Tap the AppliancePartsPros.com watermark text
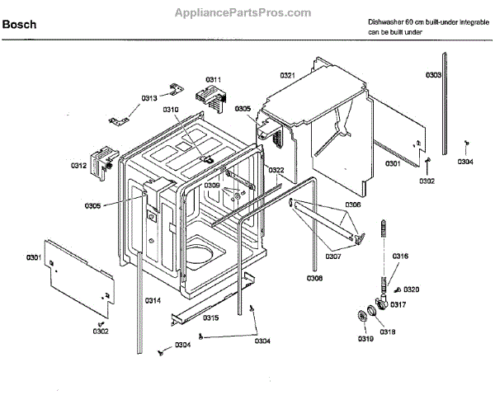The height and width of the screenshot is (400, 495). (243, 13)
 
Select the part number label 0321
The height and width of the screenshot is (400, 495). (287, 75)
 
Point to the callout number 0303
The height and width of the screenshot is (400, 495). (433, 75)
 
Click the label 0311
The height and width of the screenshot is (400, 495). (214, 79)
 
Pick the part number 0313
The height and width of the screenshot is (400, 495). (149, 98)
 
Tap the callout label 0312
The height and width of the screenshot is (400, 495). (78, 166)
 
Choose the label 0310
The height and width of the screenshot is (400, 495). (171, 110)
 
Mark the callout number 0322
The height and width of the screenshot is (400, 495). (276, 170)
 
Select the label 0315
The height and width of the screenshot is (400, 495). (211, 318)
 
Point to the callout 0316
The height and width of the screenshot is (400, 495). (399, 256)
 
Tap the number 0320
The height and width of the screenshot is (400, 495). (412, 289)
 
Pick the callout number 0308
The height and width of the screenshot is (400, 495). (314, 279)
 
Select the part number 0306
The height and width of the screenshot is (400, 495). (352, 205)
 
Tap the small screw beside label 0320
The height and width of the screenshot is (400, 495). (397, 290)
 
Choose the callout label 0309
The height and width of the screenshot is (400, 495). (213, 186)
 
